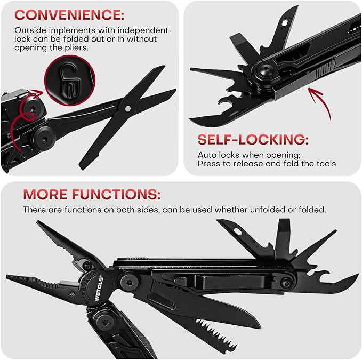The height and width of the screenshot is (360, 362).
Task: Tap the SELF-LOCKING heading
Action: coord(253,140)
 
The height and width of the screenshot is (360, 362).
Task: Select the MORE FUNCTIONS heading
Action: coord(92,193)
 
